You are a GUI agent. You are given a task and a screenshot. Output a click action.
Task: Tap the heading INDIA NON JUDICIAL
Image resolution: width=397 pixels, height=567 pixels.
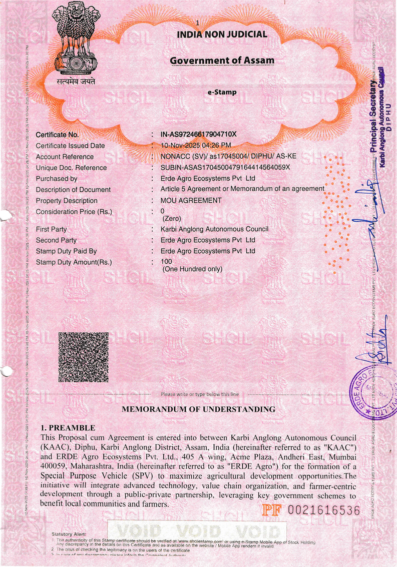[222, 35]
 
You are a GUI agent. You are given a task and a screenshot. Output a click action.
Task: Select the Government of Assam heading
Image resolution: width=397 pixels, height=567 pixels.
[222, 61]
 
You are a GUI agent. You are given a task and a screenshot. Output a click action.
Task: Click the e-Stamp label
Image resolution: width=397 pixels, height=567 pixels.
[222, 92]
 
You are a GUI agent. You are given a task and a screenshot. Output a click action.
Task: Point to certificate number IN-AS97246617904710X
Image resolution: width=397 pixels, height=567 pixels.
[198, 135]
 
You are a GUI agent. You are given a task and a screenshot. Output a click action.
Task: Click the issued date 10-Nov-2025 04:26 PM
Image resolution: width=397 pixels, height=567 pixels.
[196, 146]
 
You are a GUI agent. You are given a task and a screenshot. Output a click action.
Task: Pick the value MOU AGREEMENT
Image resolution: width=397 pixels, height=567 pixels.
[191, 201]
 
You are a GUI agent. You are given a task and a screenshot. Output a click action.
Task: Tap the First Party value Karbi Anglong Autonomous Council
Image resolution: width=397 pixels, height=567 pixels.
[214, 229]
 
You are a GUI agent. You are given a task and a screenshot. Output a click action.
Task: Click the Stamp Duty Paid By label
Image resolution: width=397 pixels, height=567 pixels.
[66, 251]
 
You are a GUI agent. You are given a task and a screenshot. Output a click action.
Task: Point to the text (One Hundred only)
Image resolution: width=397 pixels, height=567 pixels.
[192, 269]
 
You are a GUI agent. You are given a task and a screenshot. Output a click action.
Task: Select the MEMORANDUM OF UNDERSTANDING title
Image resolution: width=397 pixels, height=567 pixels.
[199, 409]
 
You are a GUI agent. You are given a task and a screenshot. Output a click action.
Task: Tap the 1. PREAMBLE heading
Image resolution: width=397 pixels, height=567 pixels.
[68, 428]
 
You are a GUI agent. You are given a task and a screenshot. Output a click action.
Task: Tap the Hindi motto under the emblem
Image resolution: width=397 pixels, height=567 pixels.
[75, 82]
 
